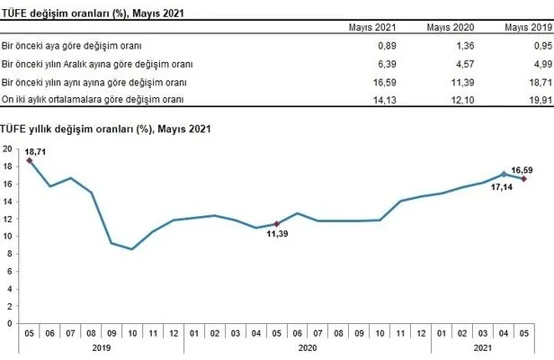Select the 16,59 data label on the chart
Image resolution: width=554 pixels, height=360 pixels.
coord(523,166)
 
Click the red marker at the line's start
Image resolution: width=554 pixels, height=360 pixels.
coord(30,159)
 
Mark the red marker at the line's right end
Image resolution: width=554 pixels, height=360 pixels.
coord(523,178)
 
